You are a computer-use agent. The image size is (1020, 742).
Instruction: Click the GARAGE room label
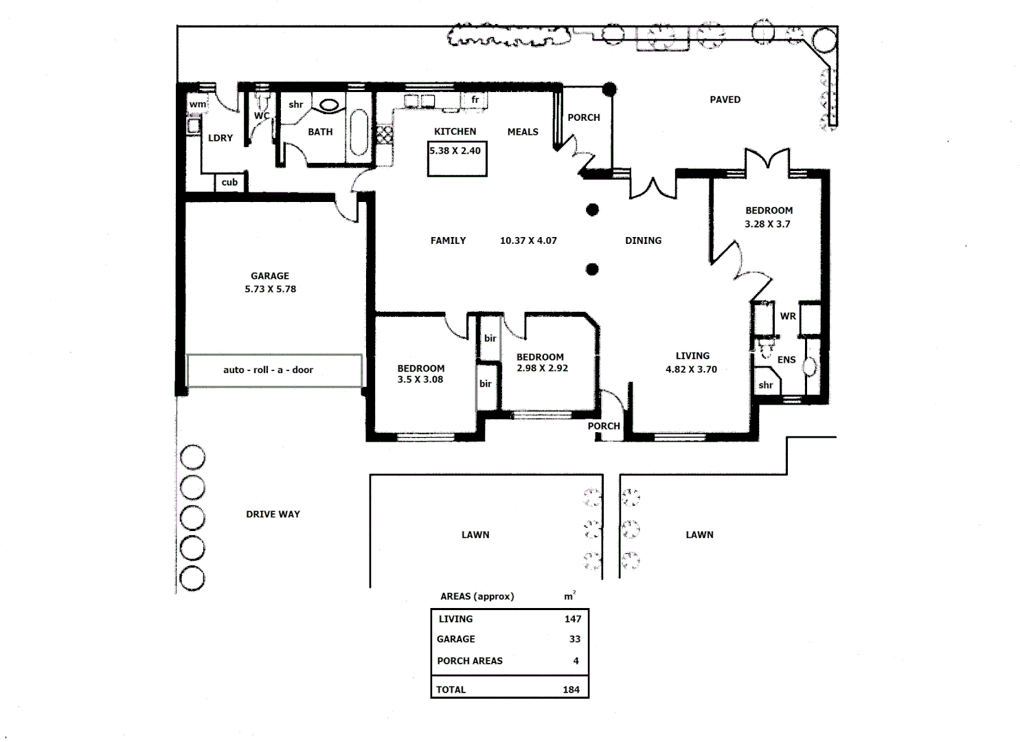click(x=270, y=276)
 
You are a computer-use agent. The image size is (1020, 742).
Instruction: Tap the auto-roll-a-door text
click(x=268, y=370)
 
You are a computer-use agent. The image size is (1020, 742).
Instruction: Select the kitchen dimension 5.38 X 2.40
click(x=455, y=150)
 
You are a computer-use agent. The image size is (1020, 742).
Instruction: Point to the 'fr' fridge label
click(x=475, y=100)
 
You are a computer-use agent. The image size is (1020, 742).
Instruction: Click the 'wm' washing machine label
click(x=197, y=104)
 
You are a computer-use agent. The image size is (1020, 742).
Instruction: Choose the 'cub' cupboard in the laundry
click(x=229, y=182)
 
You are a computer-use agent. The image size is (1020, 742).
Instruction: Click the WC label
click(x=262, y=116)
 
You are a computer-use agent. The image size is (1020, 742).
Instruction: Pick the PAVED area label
click(x=725, y=100)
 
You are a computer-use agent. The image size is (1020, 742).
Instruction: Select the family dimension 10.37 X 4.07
click(x=528, y=240)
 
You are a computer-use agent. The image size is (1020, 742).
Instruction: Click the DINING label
click(x=643, y=240)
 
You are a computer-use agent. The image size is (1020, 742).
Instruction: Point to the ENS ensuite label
click(x=786, y=359)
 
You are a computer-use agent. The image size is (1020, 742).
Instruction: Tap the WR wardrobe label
click(x=788, y=317)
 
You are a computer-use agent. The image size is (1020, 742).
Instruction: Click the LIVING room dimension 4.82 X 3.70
click(x=691, y=370)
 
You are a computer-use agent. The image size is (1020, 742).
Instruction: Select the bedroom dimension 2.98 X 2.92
click(x=542, y=368)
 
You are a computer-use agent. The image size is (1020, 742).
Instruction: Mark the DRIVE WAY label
click(x=273, y=514)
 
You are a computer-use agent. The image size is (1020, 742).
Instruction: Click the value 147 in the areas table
click(x=573, y=619)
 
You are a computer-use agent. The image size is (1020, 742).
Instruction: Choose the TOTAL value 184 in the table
click(x=571, y=690)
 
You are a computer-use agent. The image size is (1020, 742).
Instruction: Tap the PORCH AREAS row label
click(x=470, y=661)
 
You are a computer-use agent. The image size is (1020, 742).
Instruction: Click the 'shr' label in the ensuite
click(x=765, y=385)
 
